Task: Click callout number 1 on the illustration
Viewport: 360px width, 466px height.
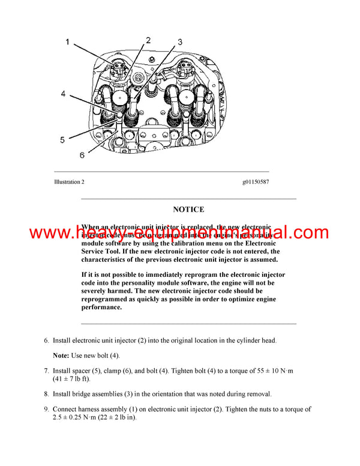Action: [x=67, y=43]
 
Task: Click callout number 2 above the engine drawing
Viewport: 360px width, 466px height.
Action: [x=148, y=40]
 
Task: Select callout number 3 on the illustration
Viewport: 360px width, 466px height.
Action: [x=179, y=43]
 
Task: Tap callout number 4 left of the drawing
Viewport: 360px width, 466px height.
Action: [x=62, y=94]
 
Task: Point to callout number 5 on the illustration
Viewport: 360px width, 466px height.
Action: [x=62, y=140]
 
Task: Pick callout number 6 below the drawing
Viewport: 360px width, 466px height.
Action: [x=82, y=155]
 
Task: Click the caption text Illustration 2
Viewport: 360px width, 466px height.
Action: [x=70, y=181]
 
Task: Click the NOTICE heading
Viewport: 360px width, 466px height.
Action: [x=188, y=210]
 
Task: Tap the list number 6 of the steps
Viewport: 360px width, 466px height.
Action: [x=46, y=340]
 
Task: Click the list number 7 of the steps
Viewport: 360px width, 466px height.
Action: [x=46, y=371]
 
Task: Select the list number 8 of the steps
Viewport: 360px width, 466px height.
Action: [x=46, y=394]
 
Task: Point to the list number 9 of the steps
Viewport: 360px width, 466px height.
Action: [x=46, y=410]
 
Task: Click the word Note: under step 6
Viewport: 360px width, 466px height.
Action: [x=62, y=356]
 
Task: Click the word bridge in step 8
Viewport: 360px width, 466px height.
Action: [x=85, y=394]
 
